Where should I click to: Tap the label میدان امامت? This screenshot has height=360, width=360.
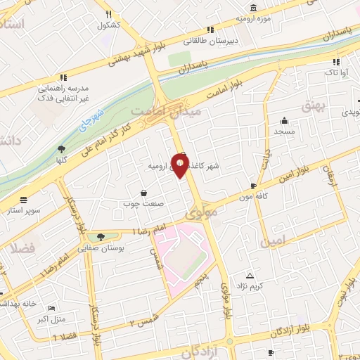pos(167,111)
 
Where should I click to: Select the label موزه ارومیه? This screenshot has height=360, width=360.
pos(252,17)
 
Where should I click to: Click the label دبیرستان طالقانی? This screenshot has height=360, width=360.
pos(207,41)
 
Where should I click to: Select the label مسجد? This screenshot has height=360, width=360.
pos(285,131)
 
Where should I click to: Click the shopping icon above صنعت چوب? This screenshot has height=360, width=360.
pos(144,193)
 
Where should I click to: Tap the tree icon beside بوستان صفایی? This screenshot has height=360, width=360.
pos(103,237)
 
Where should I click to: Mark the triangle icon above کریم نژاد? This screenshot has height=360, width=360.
pos(250,275)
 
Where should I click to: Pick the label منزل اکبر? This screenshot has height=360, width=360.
pos(52,319)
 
